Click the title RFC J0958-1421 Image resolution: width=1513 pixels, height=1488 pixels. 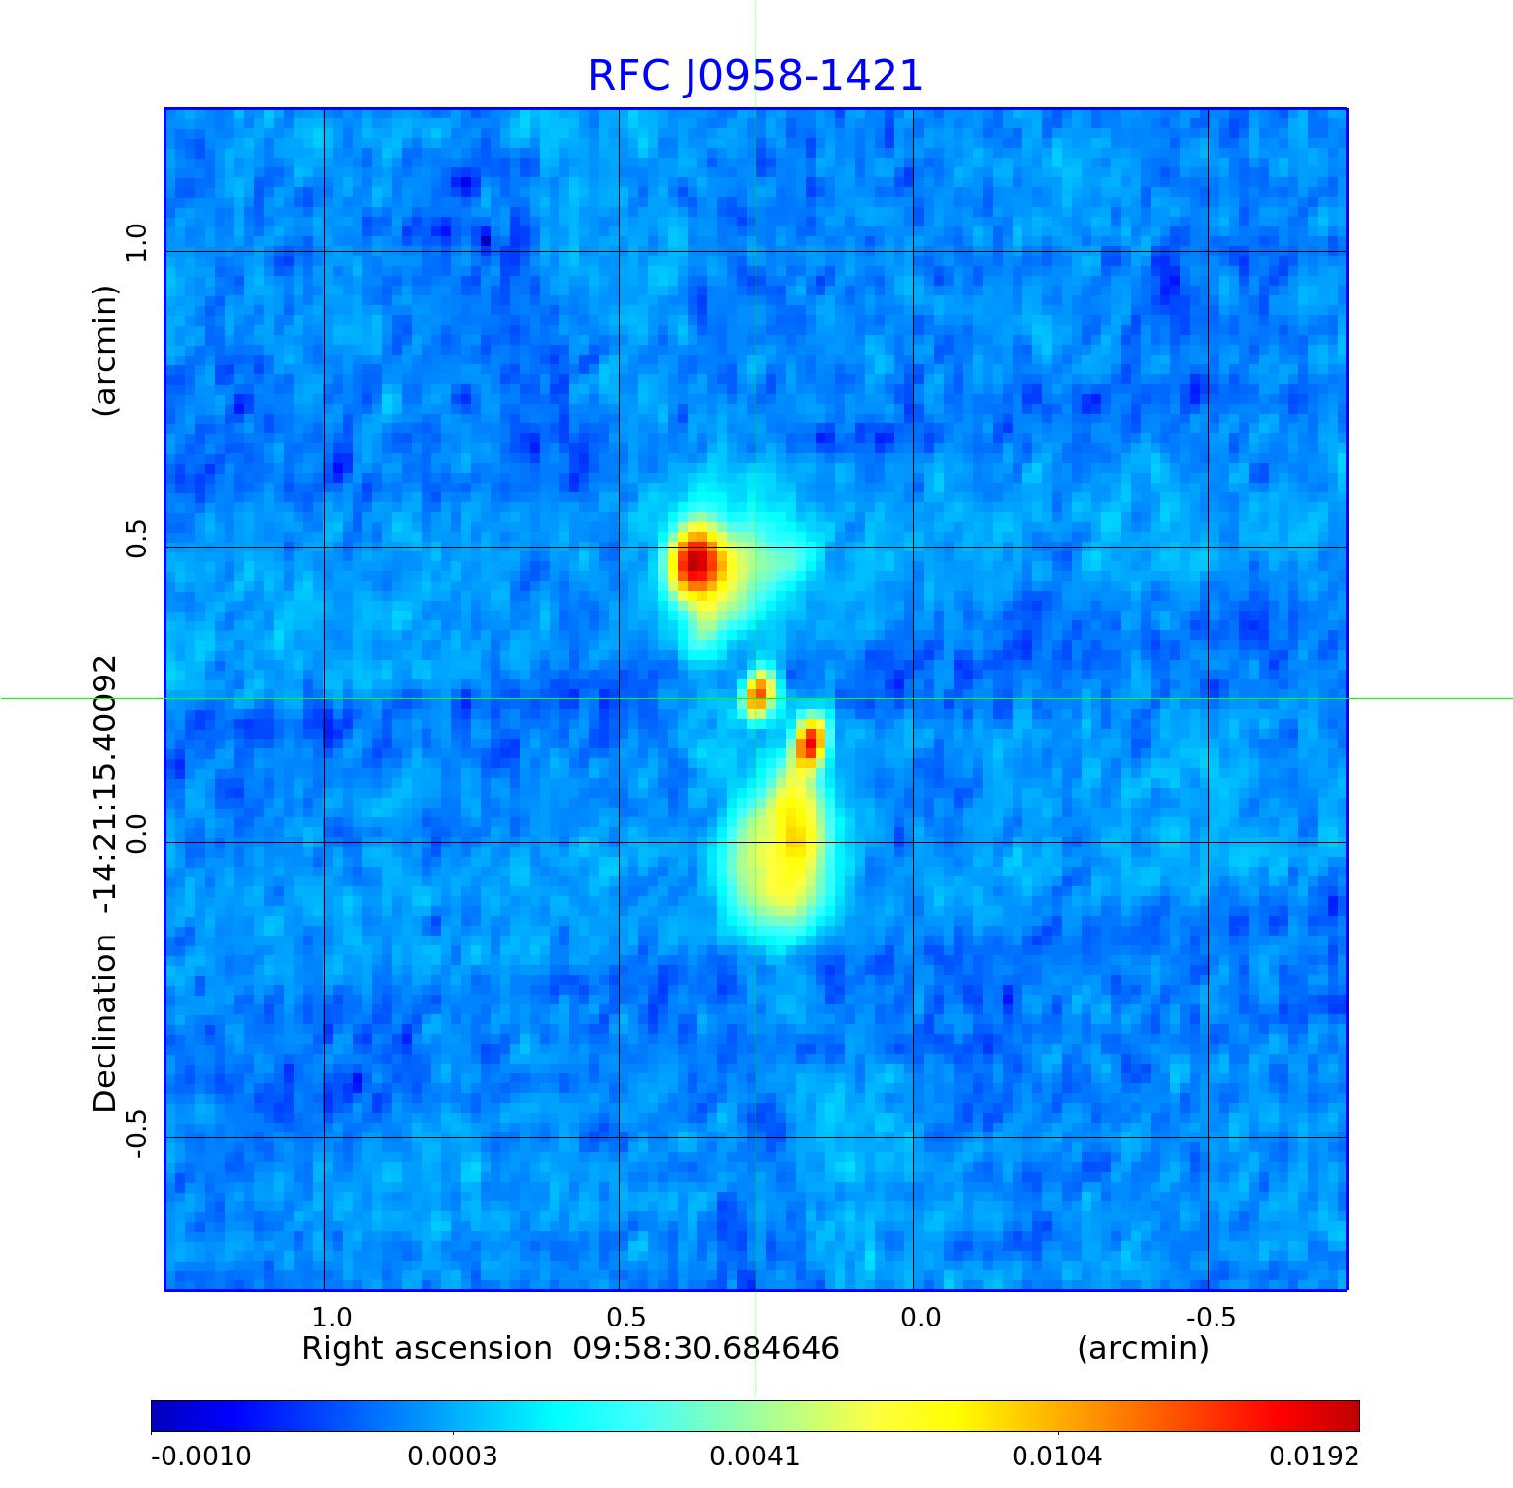coord(756,76)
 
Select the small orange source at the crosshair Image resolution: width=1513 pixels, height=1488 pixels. coord(757,693)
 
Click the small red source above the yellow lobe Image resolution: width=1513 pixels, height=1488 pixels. coord(810,742)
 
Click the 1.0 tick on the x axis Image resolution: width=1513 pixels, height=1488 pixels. coord(332,1317)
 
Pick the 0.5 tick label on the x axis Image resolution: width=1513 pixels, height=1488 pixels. coord(626,1317)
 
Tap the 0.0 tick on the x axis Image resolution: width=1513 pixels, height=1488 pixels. coord(921,1317)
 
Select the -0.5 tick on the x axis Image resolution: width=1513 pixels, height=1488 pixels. coord(1211,1317)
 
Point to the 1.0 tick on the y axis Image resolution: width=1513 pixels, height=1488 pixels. coord(136,243)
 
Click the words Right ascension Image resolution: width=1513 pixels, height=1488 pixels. coord(427,1348)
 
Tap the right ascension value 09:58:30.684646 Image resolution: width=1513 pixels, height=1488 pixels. coord(706,1348)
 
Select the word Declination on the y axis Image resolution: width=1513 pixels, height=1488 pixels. coord(104,1023)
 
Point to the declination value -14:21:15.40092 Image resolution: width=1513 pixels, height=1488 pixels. coord(104,777)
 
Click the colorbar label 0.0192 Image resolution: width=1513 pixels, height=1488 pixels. coord(1313,1456)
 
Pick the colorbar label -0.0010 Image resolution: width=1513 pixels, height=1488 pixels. coord(201,1456)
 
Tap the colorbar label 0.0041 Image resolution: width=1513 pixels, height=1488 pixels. coord(756,1456)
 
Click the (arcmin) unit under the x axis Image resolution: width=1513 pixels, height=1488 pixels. coord(1143,1348)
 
